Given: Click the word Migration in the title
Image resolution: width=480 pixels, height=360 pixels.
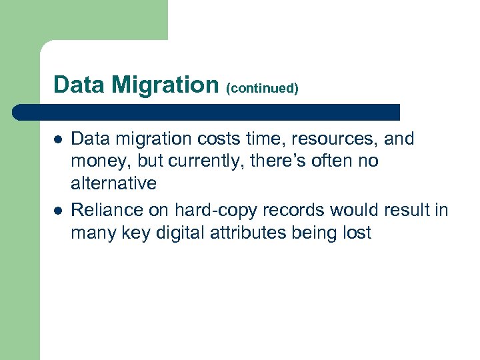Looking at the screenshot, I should point(165,85).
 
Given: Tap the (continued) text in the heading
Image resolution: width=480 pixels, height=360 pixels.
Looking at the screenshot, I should point(262,88).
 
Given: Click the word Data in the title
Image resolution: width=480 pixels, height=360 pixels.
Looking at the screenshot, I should point(79,85).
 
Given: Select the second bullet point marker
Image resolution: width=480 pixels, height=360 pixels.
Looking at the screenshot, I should point(58,211).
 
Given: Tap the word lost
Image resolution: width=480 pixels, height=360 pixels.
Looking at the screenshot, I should point(357,233).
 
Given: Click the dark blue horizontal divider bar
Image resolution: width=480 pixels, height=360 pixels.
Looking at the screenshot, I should point(207,112).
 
